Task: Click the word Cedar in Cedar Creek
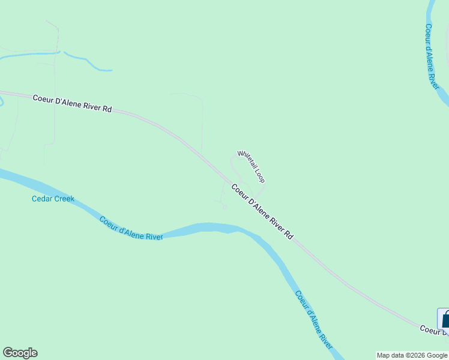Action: pyautogui.click(x=42, y=199)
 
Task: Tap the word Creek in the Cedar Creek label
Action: pyautogui.click(x=64, y=199)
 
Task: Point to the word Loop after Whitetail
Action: pyautogui.click(x=260, y=176)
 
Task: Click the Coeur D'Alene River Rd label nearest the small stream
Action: pyautogui.click(x=72, y=103)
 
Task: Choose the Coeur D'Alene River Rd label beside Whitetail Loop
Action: pyautogui.click(x=262, y=212)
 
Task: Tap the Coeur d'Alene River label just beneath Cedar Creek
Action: pyautogui.click(x=131, y=229)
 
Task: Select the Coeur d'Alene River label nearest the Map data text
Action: pyautogui.click(x=313, y=320)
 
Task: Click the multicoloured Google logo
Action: pyautogui.click(x=20, y=353)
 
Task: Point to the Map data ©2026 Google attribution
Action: pyautogui.click(x=412, y=355)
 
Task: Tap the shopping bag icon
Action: pyautogui.click(x=445, y=318)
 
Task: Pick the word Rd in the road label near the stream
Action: pyautogui.click(x=107, y=109)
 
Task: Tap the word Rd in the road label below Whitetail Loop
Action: pyautogui.click(x=289, y=236)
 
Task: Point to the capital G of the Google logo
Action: pyautogui.click(x=8, y=353)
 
